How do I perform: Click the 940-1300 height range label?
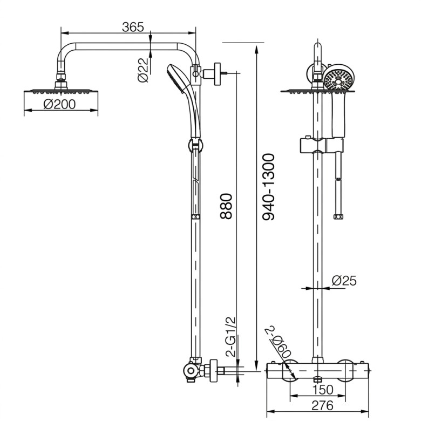tap(268, 187)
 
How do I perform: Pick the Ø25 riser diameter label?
tap(344, 280)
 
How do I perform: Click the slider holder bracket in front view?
tap(320, 145)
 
